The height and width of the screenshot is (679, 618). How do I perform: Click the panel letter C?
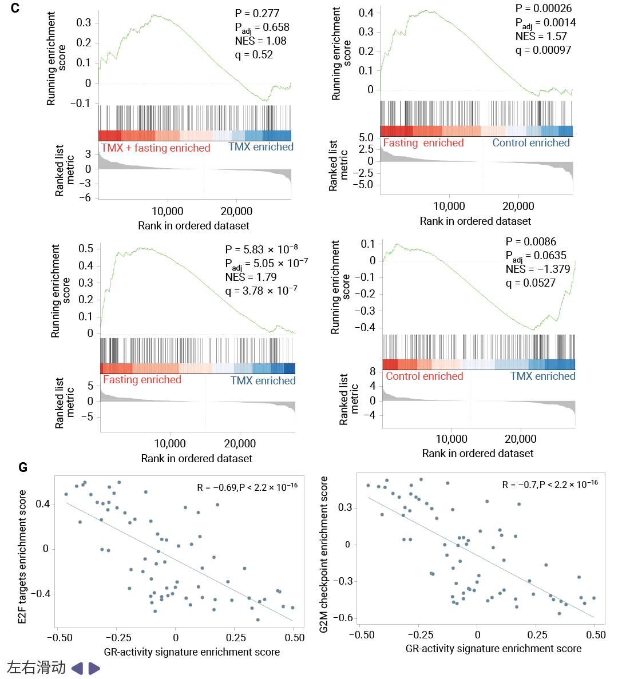coord(15,8)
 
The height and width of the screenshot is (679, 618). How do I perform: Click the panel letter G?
coord(23,467)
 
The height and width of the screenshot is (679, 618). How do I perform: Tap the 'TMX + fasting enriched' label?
coord(156,148)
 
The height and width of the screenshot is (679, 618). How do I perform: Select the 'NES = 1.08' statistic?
coord(260,41)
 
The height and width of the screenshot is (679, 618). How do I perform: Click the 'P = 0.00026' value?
coord(543,9)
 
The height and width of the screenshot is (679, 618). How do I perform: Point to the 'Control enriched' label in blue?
coord(531,143)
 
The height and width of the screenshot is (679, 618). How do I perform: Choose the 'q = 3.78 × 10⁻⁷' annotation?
coord(261,291)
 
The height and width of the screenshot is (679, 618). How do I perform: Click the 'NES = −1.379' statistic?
coord(538,269)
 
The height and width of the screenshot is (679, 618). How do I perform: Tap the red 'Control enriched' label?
coord(424,376)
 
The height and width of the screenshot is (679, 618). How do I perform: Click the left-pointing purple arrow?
coord(77,668)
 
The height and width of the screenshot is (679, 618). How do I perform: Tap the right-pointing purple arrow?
coord(94,668)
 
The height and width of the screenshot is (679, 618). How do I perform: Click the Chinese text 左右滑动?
coord(36,668)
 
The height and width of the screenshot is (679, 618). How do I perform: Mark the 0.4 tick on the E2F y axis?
coord(43,504)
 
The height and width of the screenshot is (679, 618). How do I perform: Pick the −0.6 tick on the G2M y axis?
coord(345,618)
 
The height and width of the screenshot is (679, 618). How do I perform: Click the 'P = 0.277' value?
coord(257,13)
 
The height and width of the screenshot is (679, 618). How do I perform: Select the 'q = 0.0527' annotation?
coord(530,283)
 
